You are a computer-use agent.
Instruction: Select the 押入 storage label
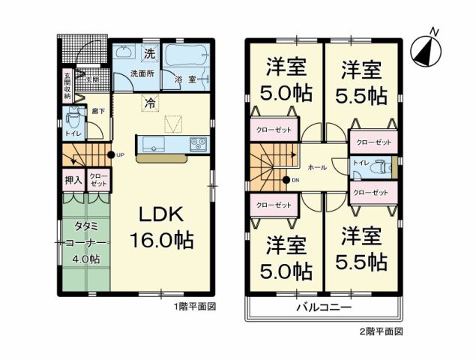pos(73,180)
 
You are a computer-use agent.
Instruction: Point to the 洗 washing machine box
pos(149,54)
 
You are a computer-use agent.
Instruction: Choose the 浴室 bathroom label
pos(185,78)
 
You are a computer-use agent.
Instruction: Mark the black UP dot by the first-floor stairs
pos(110,155)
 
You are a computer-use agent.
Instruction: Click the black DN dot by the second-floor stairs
pos(286,179)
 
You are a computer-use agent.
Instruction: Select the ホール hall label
pos(317,167)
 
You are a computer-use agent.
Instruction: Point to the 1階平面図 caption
pos(196,307)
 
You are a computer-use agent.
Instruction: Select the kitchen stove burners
pos(198,142)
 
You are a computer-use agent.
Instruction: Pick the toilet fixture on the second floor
pos(383,166)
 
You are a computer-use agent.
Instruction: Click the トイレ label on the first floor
pos(73,133)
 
